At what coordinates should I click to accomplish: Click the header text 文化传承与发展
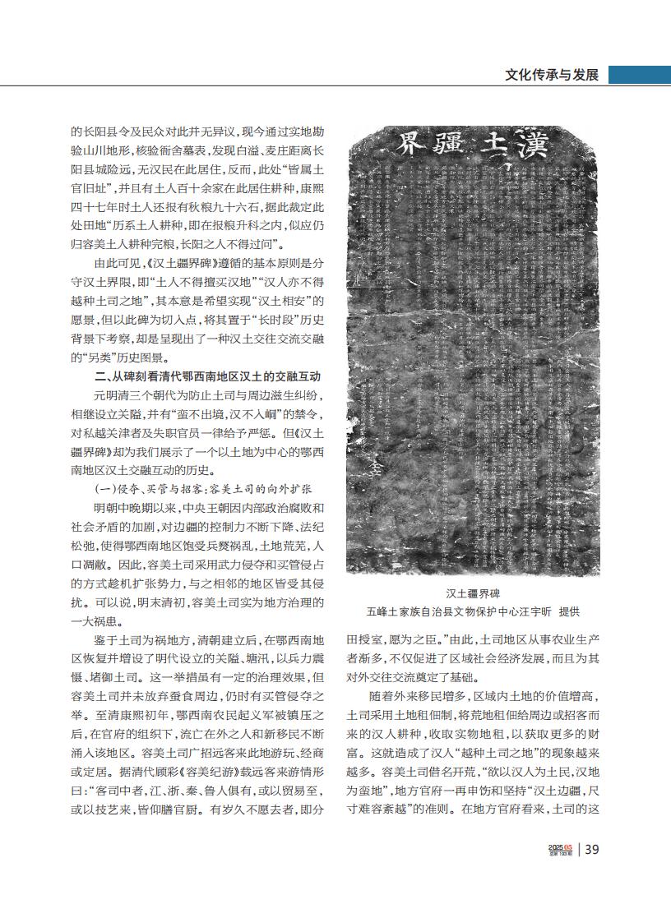551,75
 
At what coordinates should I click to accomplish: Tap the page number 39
591,850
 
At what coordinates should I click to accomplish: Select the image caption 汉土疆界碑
474,592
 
